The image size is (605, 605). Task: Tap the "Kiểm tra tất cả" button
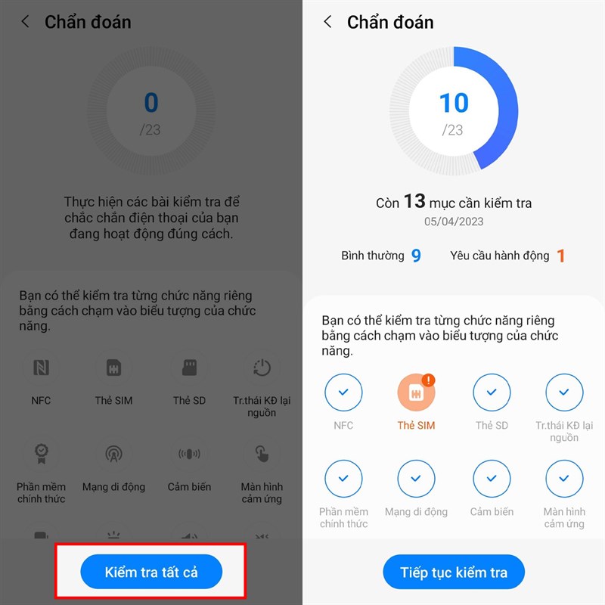(151, 572)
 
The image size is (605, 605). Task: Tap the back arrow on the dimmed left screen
(25, 22)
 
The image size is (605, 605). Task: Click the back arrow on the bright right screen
(327, 22)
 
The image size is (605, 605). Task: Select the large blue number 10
(454, 103)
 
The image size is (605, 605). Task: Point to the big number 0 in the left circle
(151, 103)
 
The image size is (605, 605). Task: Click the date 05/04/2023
(454, 222)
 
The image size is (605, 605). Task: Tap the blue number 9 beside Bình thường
(416, 256)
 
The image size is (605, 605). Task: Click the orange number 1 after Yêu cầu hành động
(561, 256)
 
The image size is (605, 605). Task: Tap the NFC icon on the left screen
(41, 368)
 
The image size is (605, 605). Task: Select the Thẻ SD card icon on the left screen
(189, 368)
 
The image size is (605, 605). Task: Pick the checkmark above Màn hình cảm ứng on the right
(564, 479)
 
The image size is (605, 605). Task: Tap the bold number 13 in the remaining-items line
(414, 201)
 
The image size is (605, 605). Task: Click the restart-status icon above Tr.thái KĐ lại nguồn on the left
(262, 368)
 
